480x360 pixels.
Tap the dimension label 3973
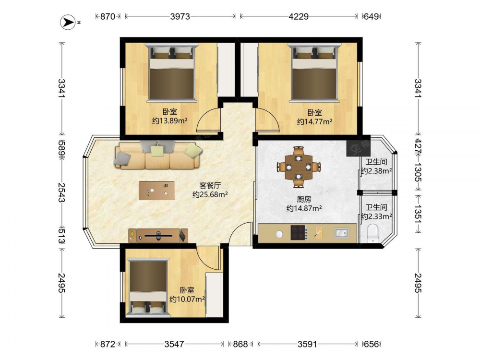pos(180,16)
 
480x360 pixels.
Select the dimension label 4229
pos(299,16)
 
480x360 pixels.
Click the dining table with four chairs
pos(299,167)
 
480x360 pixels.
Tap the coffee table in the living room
pos(157,191)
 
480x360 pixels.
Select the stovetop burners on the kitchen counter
pos(299,232)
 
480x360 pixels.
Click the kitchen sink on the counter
pos(341,233)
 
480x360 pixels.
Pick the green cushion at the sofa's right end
pos(193,151)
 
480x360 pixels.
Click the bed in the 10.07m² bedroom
pos(148,288)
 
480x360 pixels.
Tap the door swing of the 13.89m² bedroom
pos(208,120)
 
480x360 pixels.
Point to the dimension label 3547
pos(174,344)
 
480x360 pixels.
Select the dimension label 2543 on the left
pos(62,193)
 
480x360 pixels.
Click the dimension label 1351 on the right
pos(418,213)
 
